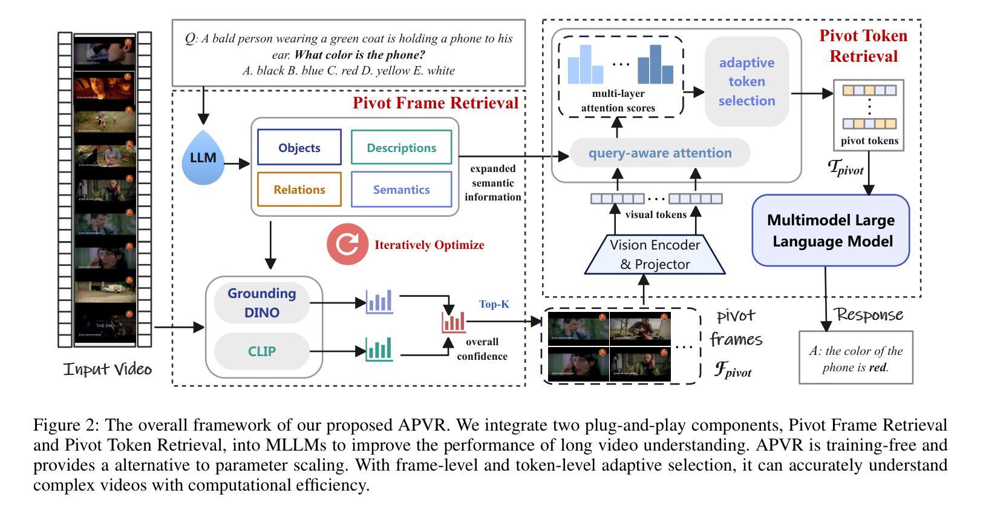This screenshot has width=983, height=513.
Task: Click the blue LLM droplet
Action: [203, 159]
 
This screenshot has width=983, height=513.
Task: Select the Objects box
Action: [299, 147]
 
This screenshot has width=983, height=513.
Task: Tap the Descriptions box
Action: [401, 147]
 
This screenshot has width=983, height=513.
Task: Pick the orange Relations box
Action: [299, 190]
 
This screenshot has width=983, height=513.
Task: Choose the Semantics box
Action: [401, 190]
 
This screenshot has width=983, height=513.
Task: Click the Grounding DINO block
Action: [262, 303]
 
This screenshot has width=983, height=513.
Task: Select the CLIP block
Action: [262, 351]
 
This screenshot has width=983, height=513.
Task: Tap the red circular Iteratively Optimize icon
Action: [347, 244]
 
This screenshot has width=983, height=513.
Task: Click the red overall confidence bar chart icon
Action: [453, 322]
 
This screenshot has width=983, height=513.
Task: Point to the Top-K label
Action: [494, 304]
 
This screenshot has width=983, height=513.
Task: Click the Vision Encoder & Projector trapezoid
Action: [655, 254]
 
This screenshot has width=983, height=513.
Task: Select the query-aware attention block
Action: [660, 153]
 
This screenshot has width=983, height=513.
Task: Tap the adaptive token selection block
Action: [746, 82]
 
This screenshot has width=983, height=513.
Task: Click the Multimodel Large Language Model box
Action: [831, 231]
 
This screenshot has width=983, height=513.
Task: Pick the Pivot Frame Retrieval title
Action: [436, 102]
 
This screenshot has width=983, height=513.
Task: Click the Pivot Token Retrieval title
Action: [863, 45]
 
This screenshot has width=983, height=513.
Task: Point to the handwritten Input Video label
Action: [108, 369]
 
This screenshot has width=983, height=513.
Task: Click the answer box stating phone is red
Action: [855, 358]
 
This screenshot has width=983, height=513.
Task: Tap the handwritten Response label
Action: [869, 314]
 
